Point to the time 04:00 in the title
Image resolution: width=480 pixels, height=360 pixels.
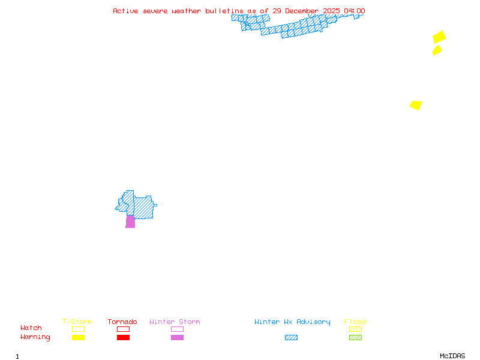point(354,11)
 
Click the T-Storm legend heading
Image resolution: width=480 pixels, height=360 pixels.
point(77,322)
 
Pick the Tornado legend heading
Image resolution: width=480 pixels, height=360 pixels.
point(122,322)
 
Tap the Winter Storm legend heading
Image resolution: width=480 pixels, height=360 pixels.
point(175,322)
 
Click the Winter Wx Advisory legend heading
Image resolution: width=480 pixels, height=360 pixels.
point(292,322)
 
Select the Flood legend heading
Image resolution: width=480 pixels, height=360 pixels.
point(355,322)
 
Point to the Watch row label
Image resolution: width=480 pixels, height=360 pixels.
point(31,328)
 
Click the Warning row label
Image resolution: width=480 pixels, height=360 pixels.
point(35,337)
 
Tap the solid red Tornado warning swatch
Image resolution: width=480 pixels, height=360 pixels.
point(123,338)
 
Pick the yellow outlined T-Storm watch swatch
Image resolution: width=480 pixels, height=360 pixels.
point(78,329)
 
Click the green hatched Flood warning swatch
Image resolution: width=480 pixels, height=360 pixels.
point(355,338)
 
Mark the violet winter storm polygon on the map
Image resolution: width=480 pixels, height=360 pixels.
point(130,222)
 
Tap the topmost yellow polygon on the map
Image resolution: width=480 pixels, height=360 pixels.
point(439,37)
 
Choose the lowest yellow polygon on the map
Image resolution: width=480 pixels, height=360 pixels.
point(416,105)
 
